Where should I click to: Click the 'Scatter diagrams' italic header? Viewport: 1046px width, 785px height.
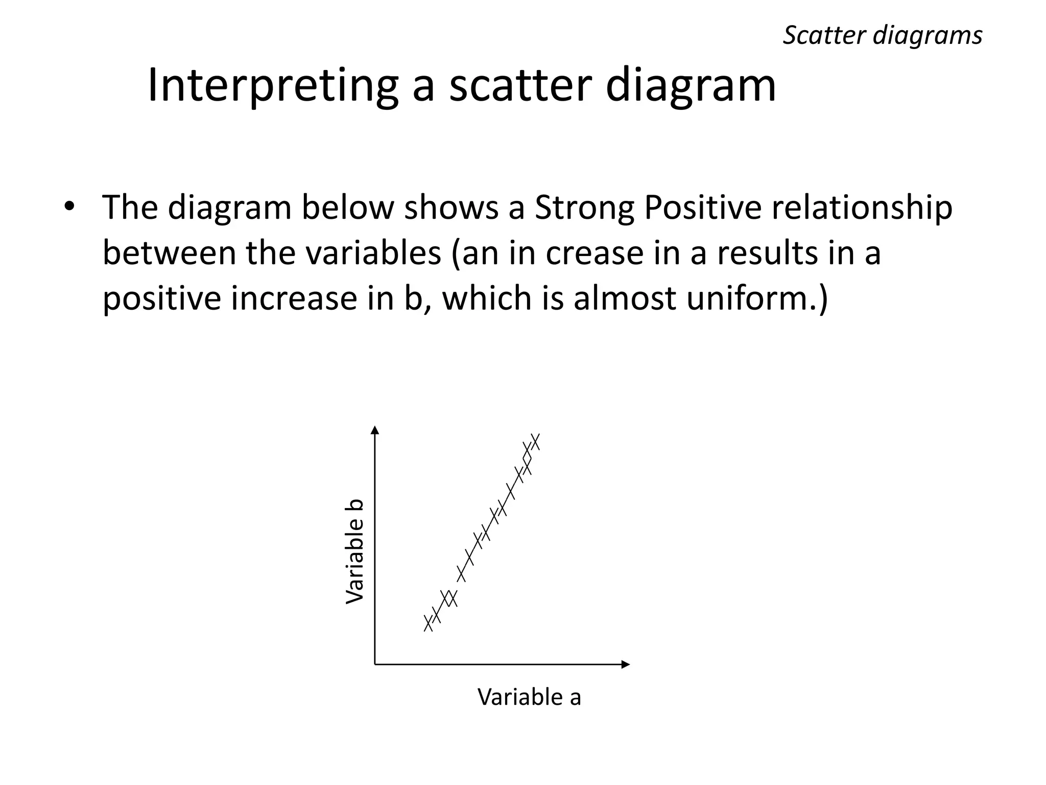(882, 36)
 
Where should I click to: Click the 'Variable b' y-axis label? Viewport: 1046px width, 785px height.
(354, 551)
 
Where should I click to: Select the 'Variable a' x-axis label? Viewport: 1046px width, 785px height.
(529, 697)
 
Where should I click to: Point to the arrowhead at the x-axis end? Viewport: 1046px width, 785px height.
(626, 664)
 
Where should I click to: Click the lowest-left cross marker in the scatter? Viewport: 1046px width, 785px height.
(428, 623)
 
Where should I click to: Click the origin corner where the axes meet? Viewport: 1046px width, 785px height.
(375, 664)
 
